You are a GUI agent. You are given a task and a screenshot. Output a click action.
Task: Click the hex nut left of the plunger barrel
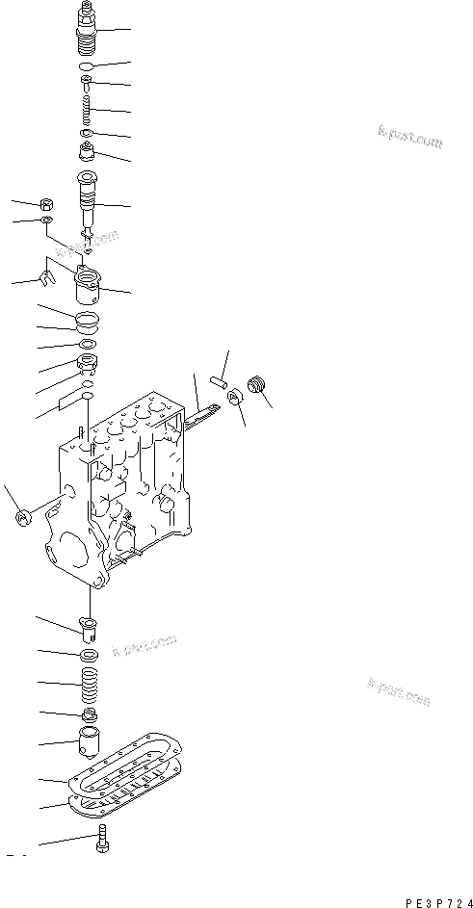[x=47, y=204]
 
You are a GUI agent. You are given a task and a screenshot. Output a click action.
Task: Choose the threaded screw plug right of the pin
[x=257, y=384]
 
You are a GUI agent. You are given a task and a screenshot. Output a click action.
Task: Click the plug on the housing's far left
[x=22, y=518]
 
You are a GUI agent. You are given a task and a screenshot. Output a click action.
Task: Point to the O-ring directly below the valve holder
[x=87, y=66]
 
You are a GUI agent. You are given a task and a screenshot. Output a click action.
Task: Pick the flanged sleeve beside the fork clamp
[x=89, y=286]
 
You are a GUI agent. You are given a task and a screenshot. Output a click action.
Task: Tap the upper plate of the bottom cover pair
[x=123, y=776]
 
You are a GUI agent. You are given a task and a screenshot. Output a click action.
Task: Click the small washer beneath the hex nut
[x=48, y=222]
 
